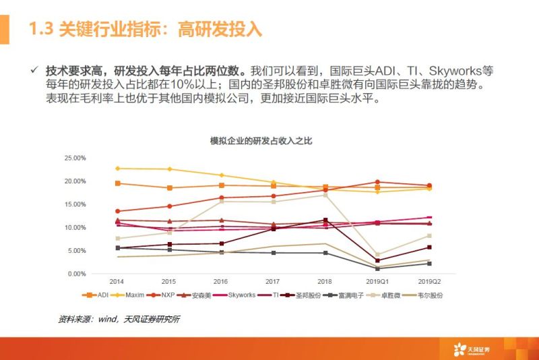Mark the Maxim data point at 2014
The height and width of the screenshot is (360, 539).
click(x=118, y=169)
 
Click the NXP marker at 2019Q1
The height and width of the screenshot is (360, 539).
click(x=377, y=182)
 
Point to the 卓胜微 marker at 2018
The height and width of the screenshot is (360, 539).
click(x=325, y=195)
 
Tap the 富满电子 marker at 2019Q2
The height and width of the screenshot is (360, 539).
click(x=429, y=264)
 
